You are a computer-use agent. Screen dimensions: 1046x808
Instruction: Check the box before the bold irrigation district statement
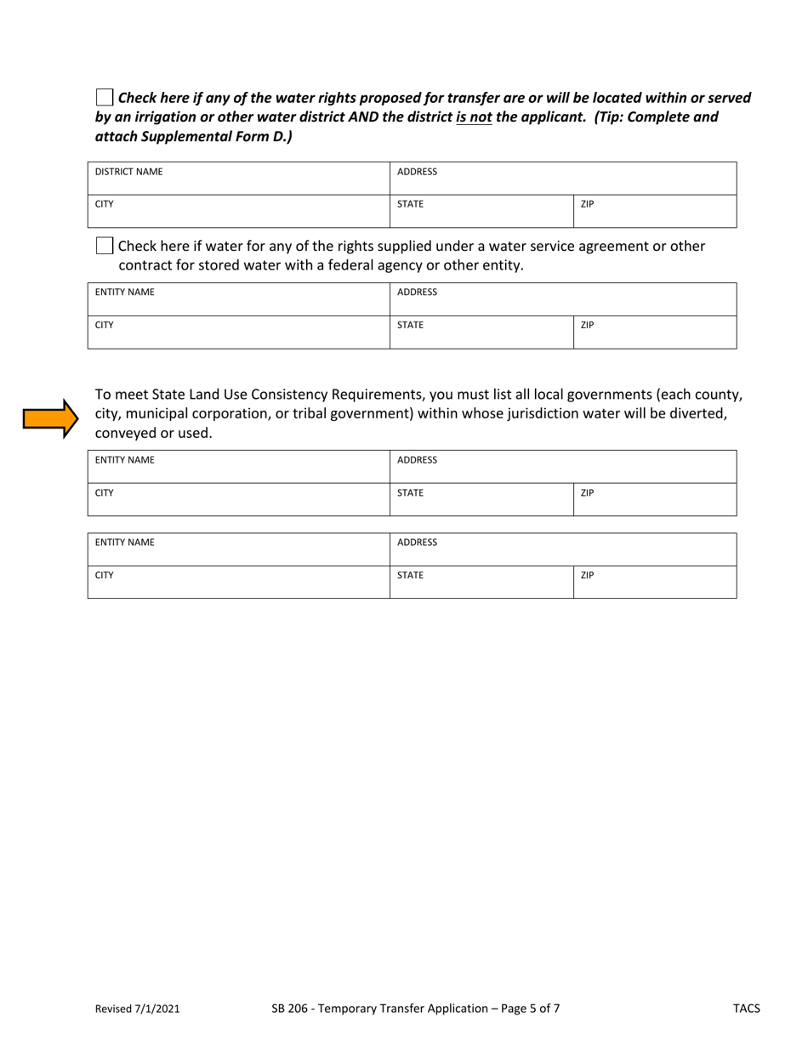(104, 97)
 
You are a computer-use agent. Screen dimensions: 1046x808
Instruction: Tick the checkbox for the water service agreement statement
(104, 247)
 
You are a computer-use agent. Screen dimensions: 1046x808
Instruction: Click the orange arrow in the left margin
(50, 418)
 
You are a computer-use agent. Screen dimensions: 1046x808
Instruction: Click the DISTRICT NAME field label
(128, 172)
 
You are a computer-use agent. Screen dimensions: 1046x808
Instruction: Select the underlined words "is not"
(474, 117)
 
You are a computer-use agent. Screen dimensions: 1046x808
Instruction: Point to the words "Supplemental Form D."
(220, 136)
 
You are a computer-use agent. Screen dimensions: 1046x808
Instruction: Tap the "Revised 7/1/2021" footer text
(137, 1009)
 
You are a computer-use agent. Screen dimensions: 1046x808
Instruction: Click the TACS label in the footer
(747, 1009)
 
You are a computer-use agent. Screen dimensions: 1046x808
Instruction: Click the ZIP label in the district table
(587, 204)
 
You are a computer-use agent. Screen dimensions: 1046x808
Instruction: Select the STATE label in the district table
(410, 204)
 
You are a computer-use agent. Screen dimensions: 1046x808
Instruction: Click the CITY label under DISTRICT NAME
(105, 204)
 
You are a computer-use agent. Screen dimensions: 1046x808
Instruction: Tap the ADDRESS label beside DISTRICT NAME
(417, 172)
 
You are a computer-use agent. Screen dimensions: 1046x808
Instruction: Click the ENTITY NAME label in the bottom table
(124, 542)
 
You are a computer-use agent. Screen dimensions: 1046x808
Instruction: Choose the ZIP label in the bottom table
(587, 575)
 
